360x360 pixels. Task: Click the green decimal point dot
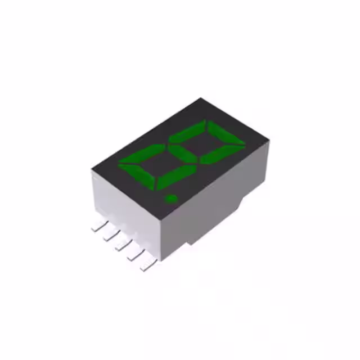coord(170,198)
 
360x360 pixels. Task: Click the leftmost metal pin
coord(98,227)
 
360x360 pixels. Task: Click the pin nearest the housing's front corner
coord(147,264)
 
